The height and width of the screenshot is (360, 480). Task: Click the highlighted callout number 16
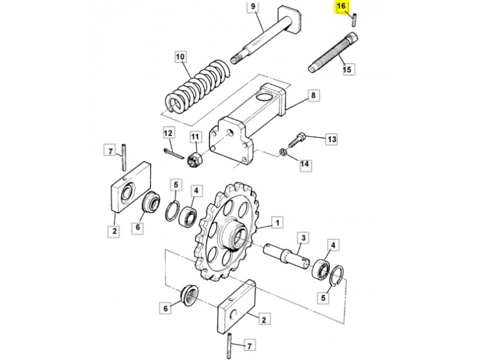coord(341,7)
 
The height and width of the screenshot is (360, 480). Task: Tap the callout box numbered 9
coord(253,7)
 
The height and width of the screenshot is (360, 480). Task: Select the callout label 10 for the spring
coord(181,57)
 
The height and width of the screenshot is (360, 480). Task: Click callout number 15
coord(347,70)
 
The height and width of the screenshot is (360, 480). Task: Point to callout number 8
coord(313,95)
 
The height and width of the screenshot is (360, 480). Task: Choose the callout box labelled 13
coord(332,140)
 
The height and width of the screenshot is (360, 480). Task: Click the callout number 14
coord(305,164)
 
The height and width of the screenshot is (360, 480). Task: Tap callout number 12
coord(168,133)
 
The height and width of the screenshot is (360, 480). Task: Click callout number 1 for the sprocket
coord(278,223)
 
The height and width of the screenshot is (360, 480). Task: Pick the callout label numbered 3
coord(304,238)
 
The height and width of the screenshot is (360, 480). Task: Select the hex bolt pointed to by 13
coord(296,140)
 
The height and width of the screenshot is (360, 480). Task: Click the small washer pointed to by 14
coord(283,152)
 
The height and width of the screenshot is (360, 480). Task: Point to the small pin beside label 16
coord(354,20)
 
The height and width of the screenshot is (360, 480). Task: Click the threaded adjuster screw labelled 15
coord(333,53)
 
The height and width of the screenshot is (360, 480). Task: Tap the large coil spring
coord(197,86)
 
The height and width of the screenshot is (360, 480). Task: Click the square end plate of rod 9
coord(289,20)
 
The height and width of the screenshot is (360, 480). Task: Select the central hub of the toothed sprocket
coord(235,235)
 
